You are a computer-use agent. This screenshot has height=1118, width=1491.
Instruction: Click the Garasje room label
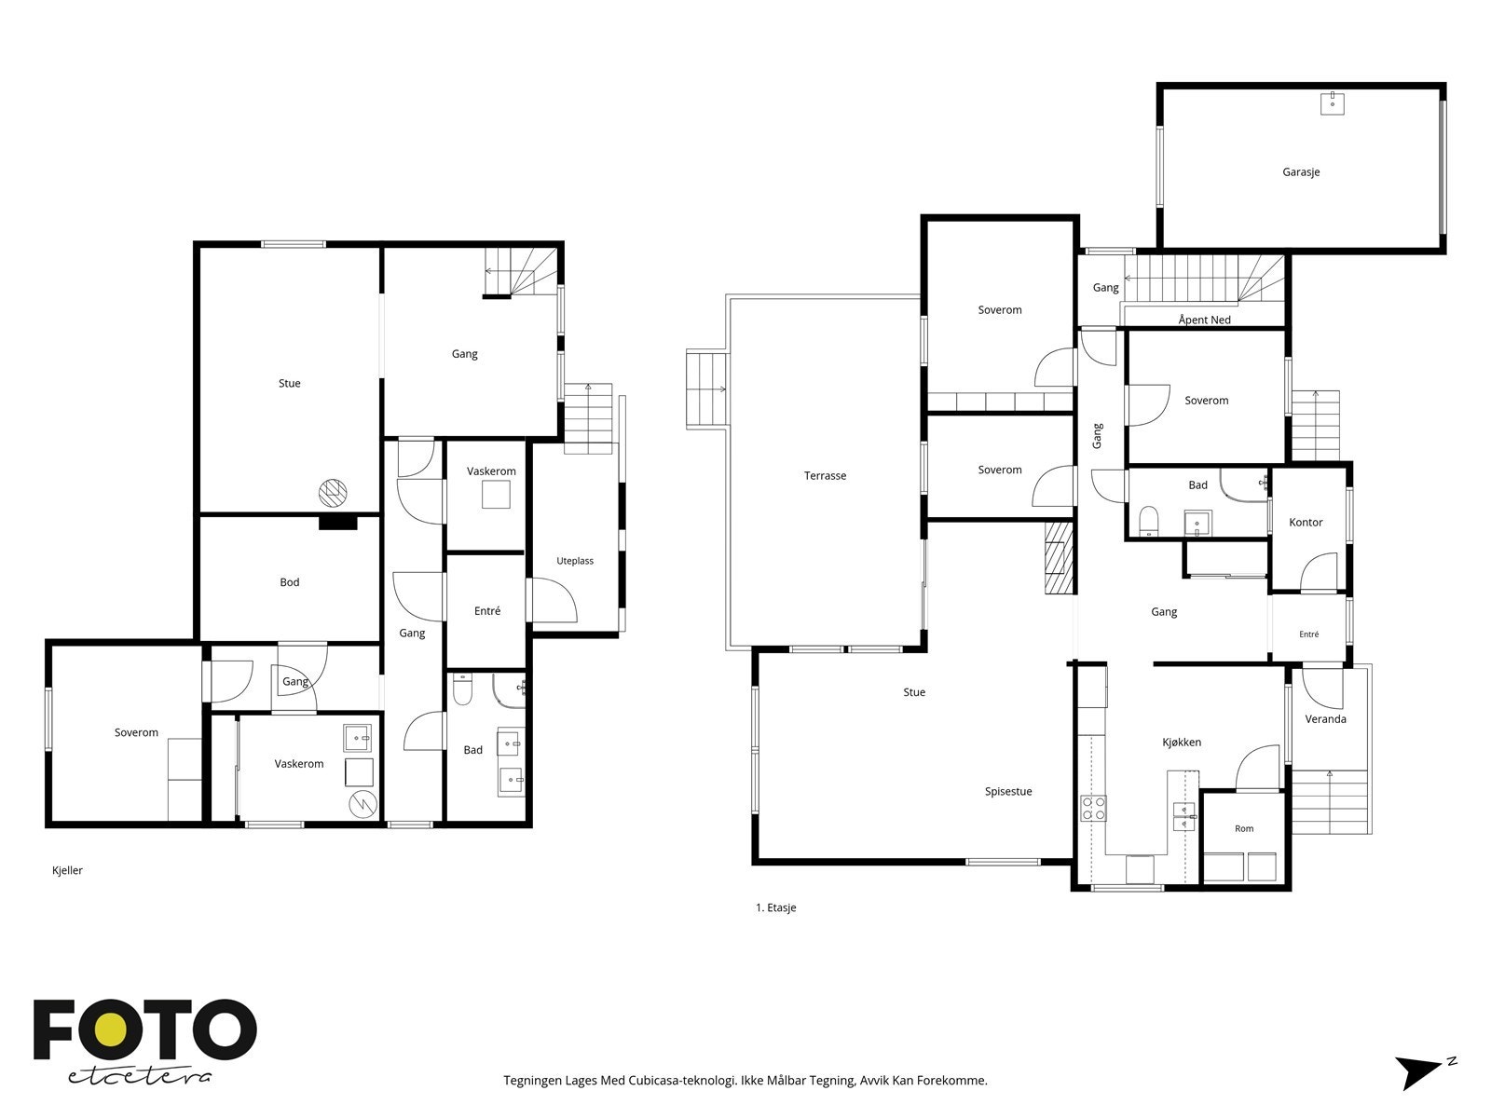coord(1300,172)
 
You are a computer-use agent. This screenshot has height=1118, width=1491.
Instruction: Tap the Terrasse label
coord(825,476)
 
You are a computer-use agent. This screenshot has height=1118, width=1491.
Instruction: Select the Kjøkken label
coord(1182,742)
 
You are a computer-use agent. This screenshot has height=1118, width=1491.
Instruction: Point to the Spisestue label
coord(1008,792)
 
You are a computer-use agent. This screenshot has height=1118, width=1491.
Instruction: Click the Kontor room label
coord(1306,522)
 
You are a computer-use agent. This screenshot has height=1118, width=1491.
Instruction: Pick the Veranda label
coord(1325,719)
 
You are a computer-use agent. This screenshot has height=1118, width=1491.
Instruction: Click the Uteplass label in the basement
coord(575,561)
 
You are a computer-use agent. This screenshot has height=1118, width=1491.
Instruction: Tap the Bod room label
coord(290,581)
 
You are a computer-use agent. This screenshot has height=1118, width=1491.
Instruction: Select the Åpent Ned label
coord(1204,320)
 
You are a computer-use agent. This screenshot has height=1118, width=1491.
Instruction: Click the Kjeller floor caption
coord(67,870)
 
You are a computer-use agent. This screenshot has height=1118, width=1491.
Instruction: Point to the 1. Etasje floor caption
coord(775,907)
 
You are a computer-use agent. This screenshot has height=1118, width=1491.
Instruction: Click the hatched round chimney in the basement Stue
coord(333,493)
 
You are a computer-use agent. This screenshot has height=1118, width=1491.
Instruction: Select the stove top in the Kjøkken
coord(1093,808)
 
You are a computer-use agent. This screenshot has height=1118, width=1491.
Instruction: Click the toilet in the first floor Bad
coord(1148,521)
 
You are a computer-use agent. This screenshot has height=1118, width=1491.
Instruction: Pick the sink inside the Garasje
coord(1332,103)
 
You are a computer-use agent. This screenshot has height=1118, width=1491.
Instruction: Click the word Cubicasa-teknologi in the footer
coord(682,1080)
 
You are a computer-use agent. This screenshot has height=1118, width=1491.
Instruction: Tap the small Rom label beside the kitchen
coord(1244,828)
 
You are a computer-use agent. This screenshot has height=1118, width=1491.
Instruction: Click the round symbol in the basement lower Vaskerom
coord(362,804)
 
